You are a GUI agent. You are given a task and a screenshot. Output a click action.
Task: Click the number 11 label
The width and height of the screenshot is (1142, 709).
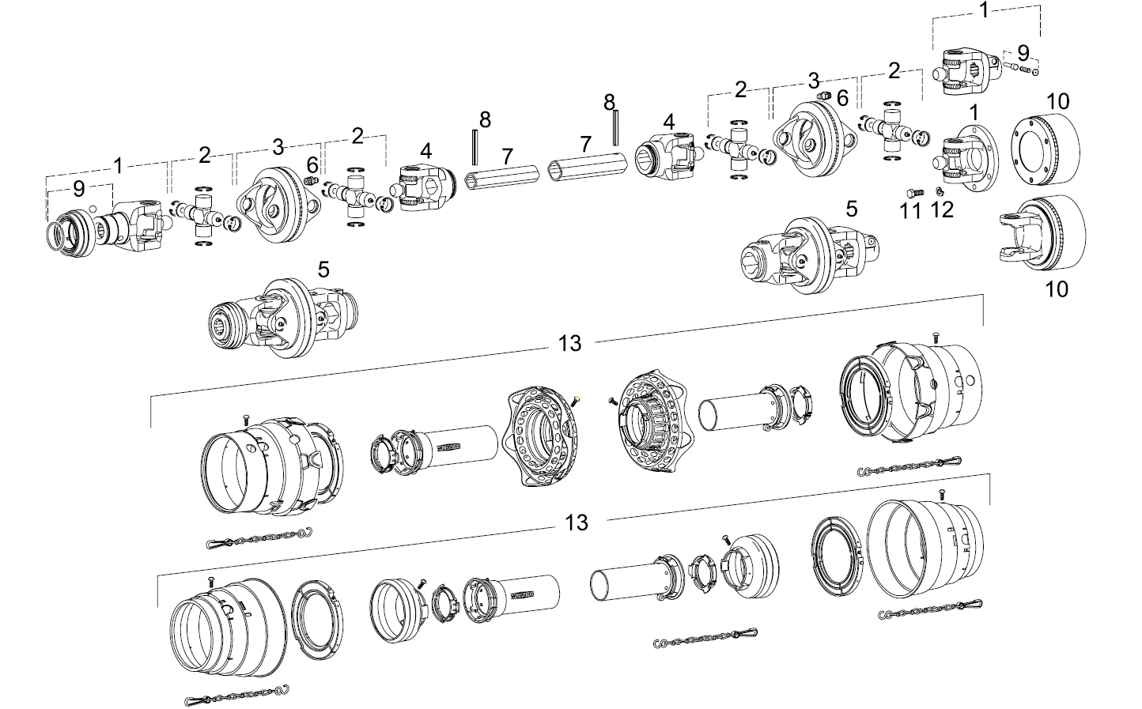(x=910, y=211)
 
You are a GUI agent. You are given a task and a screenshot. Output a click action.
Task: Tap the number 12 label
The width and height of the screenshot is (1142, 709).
(x=942, y=209)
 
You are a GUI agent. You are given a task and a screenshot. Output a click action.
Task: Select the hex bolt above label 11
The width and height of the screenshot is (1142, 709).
(x=911, y=192)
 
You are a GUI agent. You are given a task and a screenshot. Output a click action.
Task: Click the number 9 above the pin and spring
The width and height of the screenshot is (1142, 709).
(x=1023, y=53)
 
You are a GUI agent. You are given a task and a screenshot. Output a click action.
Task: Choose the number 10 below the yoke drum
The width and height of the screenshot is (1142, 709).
(x=1057, y=289)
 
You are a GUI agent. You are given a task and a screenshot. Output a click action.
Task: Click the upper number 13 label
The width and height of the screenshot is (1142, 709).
(x=569, y=343)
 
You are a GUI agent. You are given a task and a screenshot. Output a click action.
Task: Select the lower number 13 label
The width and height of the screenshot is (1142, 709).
(x=577, y=522)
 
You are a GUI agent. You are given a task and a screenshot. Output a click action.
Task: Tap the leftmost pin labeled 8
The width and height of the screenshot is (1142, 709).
(x=475, y=144)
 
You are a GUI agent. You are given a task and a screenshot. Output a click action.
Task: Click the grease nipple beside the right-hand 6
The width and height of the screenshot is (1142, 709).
(x=822, y=96)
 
